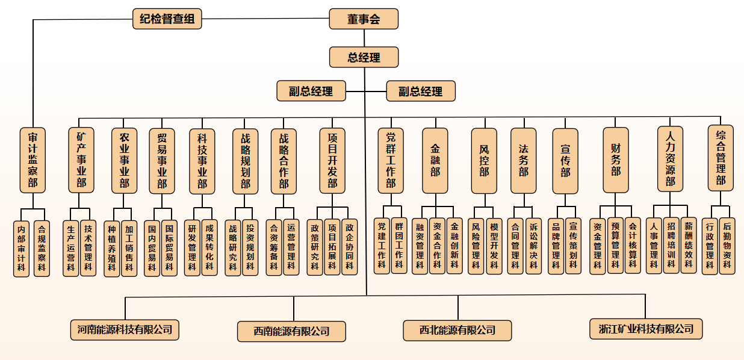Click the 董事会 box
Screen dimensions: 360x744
pos(364,19)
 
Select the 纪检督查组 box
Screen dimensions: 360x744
pos(167,19)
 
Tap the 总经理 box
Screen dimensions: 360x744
pos(364,57)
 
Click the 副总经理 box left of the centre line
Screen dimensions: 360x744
pos(311,92)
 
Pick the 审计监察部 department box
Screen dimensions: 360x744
pos(33,160)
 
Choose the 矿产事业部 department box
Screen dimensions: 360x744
pos(81,160)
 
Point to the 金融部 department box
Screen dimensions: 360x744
pos(435,160)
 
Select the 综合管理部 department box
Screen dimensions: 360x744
pos(721,158)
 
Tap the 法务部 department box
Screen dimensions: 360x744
pos(523,160)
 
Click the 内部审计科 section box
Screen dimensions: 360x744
pos(22,249)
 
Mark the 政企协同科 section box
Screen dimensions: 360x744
pos(350,247)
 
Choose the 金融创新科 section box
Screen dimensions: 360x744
pos(454,246)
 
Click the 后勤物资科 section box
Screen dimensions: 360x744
pos(727,246)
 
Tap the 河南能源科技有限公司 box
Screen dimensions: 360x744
pos(125,329)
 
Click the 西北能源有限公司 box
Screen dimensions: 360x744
pos(457,330)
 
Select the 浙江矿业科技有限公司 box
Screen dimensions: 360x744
pos(646,329)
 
